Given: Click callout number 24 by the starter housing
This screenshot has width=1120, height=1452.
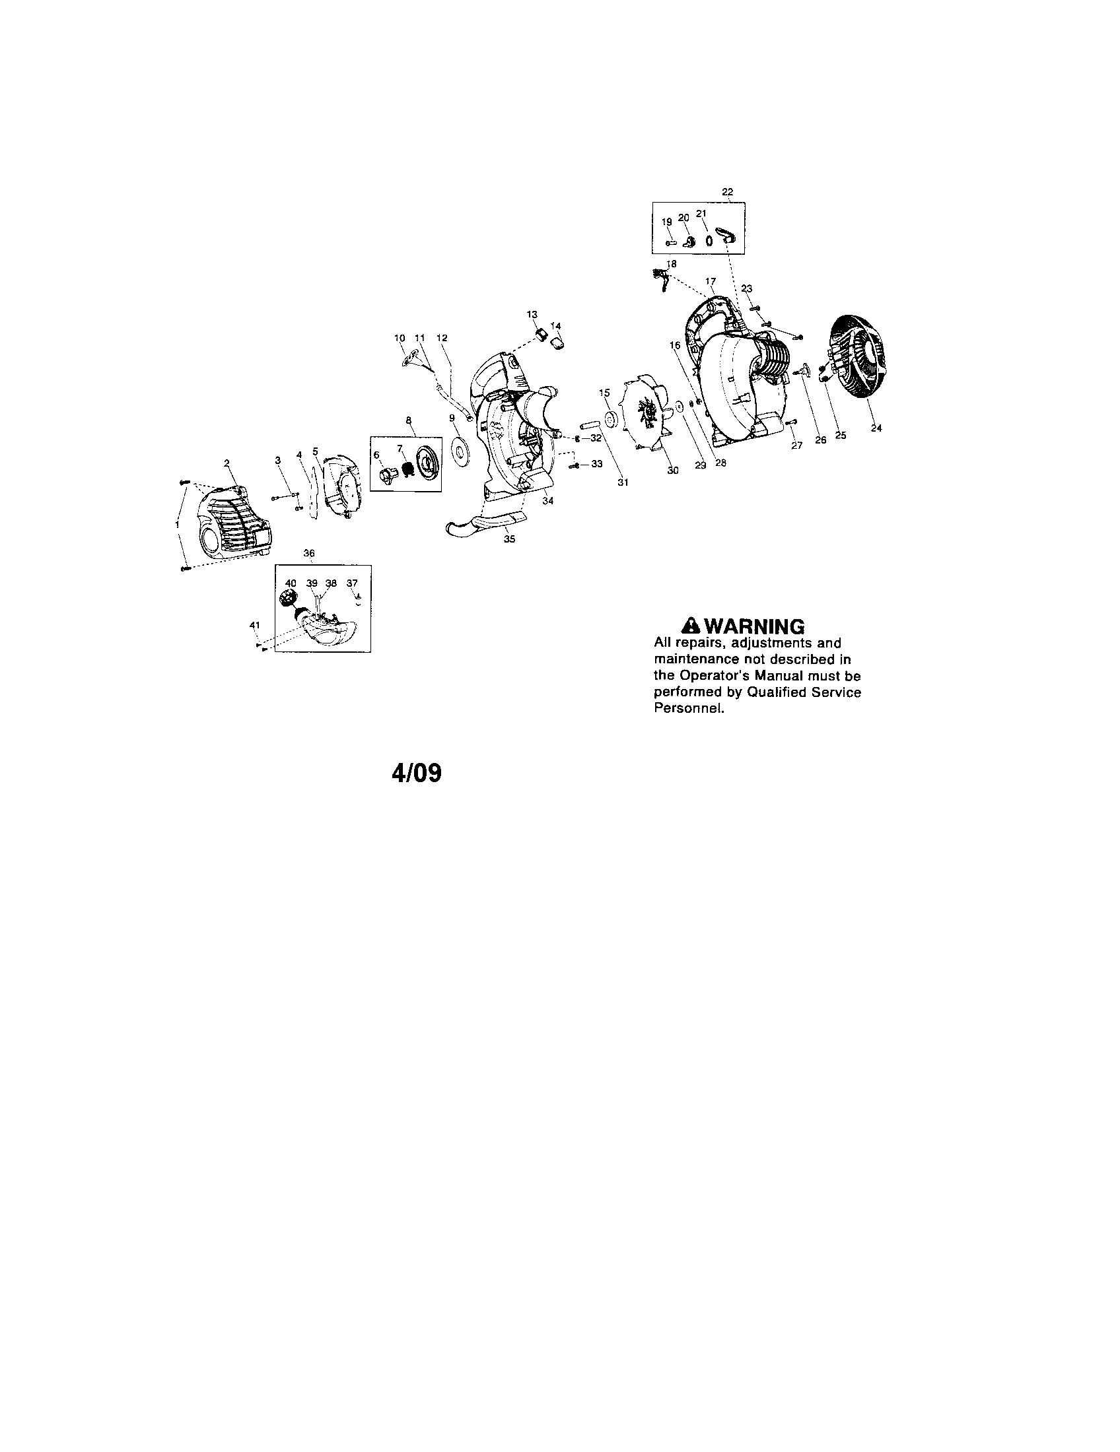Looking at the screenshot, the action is coord(876,428).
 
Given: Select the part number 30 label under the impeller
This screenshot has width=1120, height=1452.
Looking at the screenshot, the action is coord(673,470).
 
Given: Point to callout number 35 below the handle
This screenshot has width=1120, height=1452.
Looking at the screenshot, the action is coord(508,539).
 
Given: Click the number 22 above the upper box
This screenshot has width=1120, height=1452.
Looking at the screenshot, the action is coord(727,191).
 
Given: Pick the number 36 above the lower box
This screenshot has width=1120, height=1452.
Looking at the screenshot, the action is coord(308,553).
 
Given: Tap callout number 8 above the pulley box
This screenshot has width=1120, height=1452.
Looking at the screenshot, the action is coord(408,420).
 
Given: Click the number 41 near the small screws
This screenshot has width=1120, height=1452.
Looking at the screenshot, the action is coord(254,624).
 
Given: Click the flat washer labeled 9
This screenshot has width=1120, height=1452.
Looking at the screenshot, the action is coord(458,450).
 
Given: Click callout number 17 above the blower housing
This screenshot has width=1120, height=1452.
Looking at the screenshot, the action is coord(711,281).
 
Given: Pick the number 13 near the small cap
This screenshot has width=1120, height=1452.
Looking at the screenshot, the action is coord(532,313).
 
